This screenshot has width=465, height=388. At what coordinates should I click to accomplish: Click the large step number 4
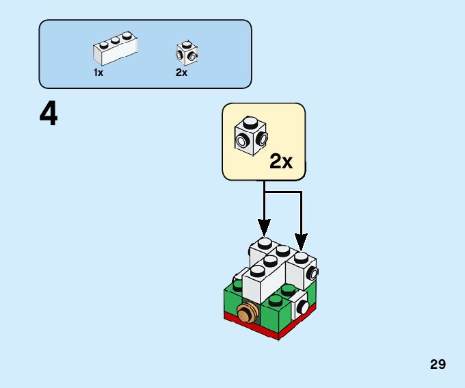[49, 114]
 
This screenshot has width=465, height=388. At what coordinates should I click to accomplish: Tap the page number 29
[438, 364]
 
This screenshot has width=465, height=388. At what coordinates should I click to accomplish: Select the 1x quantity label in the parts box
[99, 73]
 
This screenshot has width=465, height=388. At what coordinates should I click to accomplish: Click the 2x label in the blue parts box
[181, 73]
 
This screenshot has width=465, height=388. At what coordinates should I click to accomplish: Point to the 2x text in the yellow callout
[280, 161]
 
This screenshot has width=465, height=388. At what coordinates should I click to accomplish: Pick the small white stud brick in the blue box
[187, 53]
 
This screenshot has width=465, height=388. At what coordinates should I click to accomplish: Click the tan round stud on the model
[246, 315]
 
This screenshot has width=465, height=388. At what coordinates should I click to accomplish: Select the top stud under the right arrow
[301, 257]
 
